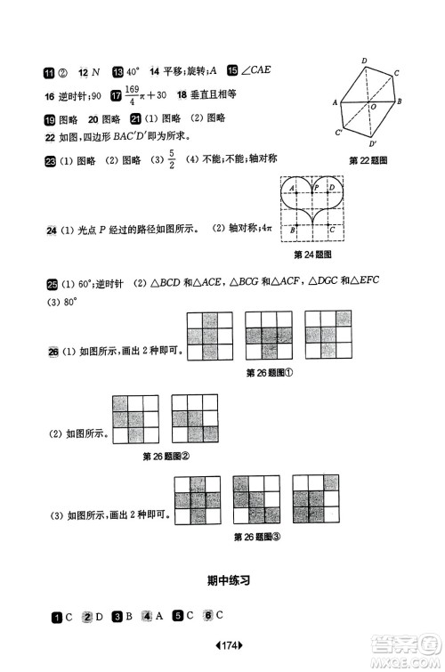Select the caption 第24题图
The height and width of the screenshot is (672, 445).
(x=312, y=254)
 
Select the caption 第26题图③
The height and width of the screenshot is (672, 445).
(x=256, y=537)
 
